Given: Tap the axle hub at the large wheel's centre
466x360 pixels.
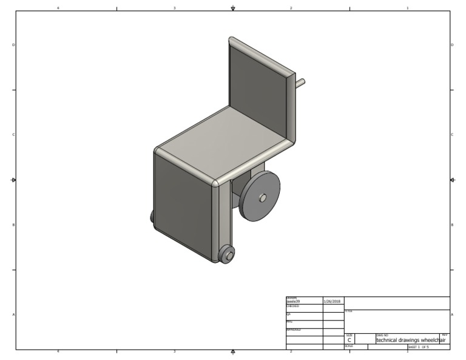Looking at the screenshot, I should point(263,197).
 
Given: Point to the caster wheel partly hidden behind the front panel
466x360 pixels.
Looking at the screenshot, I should point(151,216).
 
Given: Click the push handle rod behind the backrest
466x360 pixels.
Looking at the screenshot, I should point(300,83).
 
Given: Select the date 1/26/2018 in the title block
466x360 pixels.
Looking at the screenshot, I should point(333,301).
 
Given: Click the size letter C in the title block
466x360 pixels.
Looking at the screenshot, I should point(349,340).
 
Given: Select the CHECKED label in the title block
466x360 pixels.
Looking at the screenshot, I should point(292,306).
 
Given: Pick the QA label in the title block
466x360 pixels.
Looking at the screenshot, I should point(288,314).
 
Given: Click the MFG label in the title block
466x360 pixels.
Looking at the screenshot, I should point(289,322).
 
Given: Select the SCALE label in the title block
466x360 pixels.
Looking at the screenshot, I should point(349,346).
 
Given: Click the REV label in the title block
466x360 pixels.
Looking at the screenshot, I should point(445,335).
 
